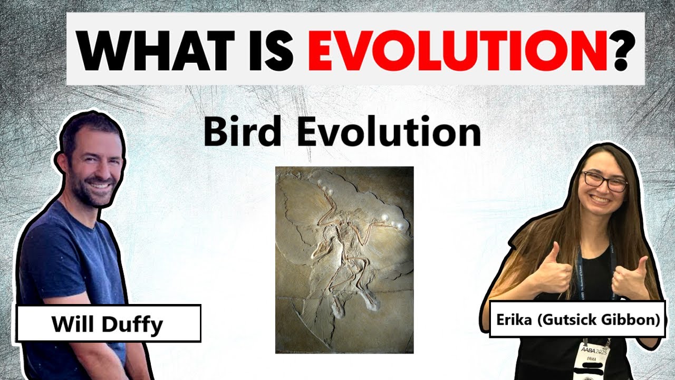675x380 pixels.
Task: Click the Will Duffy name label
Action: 109,324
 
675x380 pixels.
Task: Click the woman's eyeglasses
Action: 604,181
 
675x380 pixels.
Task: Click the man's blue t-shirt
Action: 69,253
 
